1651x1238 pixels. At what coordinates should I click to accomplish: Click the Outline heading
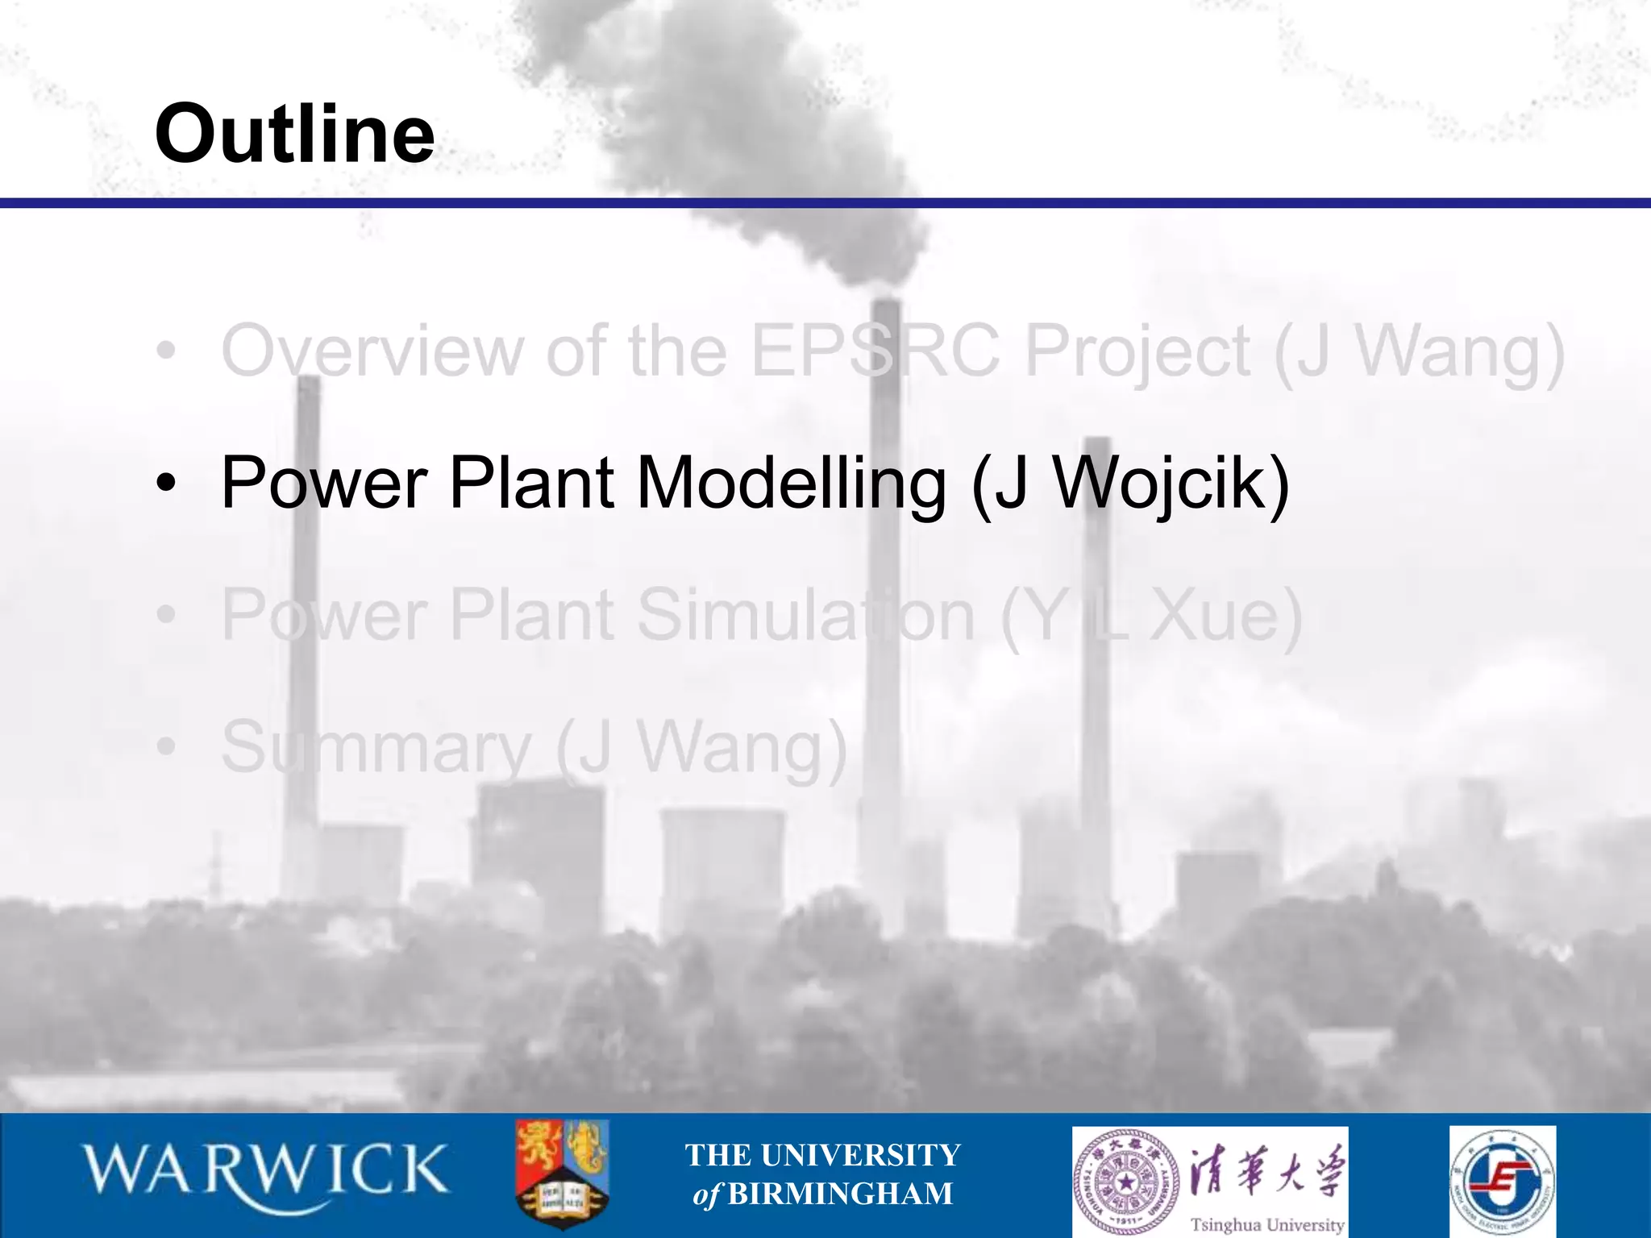295,133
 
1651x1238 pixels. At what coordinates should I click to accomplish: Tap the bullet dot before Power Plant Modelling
166,484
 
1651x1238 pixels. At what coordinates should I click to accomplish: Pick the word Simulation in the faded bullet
806,615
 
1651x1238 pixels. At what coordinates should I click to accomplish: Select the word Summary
376,747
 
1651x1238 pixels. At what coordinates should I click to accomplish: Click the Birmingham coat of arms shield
562,1173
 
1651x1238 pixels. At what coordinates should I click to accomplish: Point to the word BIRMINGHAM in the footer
840,1194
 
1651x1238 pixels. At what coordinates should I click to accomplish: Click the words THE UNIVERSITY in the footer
823,1155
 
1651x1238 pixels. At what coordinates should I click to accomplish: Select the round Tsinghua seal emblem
1126,1182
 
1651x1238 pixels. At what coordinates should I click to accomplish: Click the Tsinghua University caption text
1267,1224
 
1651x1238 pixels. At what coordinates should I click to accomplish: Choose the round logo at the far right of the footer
1503,1182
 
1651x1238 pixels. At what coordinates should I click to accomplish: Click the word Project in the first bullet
1137,351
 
